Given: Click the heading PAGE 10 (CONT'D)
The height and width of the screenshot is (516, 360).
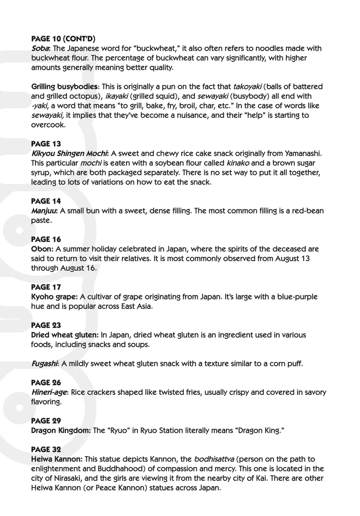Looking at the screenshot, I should click(x=63, y=39).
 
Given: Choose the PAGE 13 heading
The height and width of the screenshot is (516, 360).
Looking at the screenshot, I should click(x=46, y=144).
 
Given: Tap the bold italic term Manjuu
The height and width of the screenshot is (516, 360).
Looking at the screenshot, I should click(x=44, y=211).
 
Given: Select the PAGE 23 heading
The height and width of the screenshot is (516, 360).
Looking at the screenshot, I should click(x=46, y=325).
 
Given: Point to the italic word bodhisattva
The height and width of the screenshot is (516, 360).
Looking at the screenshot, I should click(x=214, y=459).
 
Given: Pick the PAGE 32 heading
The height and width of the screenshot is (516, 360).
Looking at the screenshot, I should click(x=46, y=450).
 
